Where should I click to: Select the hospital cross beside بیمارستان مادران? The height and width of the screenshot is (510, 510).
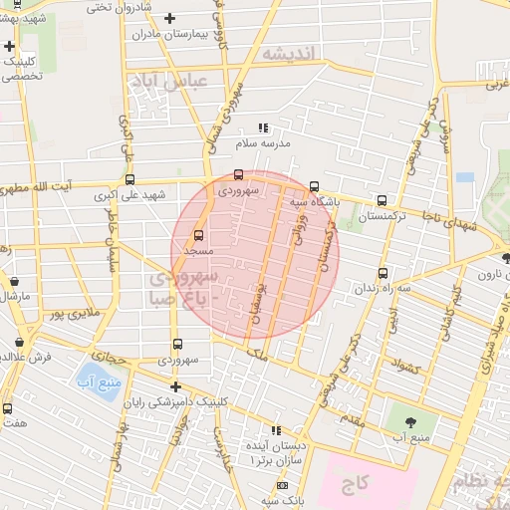pyautogui.click(x=170, y=18)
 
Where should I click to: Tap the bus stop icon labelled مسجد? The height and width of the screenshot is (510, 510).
pyautogui.click(x=198, y=236)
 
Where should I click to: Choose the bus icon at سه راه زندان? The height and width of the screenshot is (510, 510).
pyautogui.click(x=383, y=273)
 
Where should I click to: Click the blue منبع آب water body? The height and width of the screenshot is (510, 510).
pyautogui.click(x=97, y=381)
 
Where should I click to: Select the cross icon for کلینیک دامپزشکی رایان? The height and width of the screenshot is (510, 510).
pyautogui.click(x=175, y=386)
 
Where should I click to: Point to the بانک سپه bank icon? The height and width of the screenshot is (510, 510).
pyautogui.click(x=282, y=485)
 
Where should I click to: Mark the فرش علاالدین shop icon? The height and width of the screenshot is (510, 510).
pyautogui.click(x=19, y=342)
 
